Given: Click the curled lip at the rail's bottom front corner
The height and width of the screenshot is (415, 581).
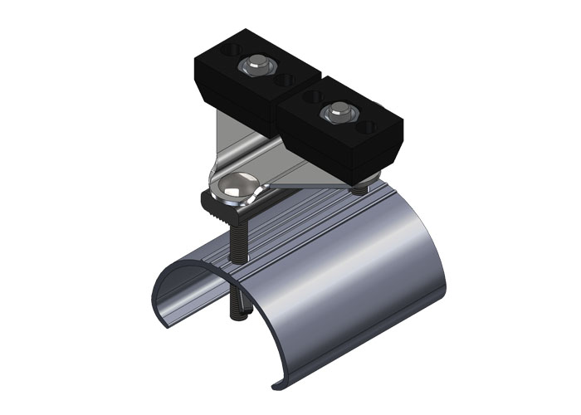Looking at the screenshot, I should (278, 383).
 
